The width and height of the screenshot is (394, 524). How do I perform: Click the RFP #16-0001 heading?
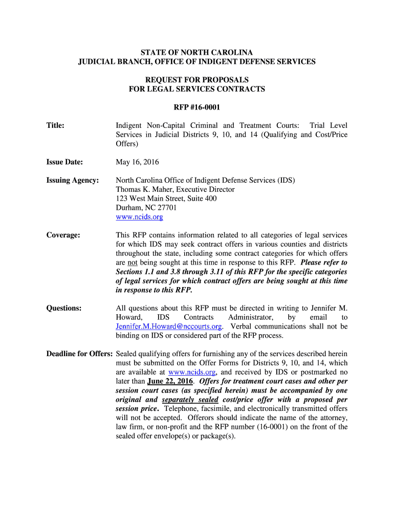197,107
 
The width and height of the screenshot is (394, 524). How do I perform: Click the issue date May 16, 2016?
137,162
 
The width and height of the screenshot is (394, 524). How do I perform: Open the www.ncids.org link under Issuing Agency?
139,217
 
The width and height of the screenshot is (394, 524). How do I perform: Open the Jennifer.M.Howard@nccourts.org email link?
169,326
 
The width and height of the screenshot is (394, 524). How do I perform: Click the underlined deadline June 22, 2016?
170,381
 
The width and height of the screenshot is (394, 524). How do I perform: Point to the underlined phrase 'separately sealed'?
190,400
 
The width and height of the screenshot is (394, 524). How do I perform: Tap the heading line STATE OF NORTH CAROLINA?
197,53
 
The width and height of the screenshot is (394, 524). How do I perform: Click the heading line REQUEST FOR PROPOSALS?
197,80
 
